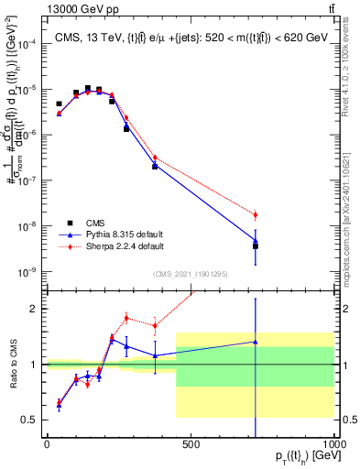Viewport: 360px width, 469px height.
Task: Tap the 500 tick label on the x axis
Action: click(191, 444)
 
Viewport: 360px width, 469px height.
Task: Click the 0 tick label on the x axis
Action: click(47, 444)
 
